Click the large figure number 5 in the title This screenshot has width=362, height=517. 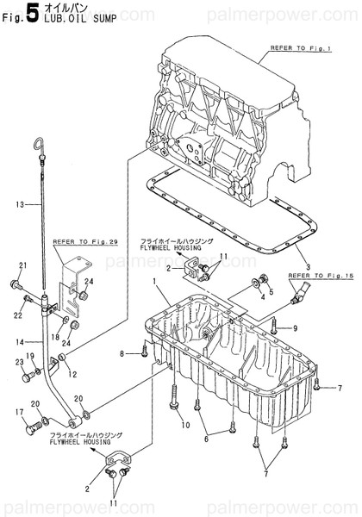click(x=30, y=12)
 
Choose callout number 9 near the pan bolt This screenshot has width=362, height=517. click(x=294, y=328)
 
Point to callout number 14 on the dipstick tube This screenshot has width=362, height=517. click(x=18, y=342)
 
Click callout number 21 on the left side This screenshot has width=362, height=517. click(x=23, y=264)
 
